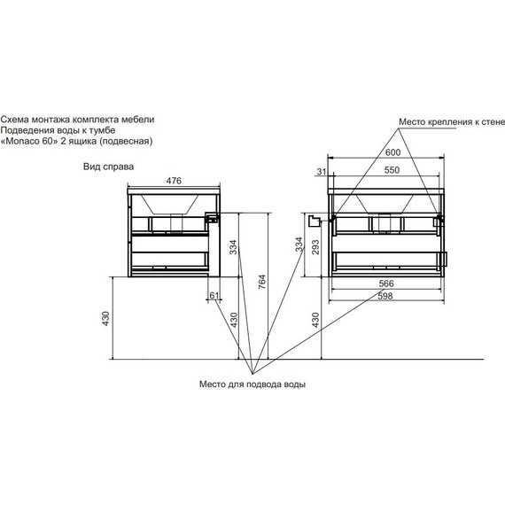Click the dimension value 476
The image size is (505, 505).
coord(174,181)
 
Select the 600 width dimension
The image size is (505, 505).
coord(392,152)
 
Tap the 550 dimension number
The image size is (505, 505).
coord(392,170)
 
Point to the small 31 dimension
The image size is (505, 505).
coord(322,172)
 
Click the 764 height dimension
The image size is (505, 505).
coord(262,282)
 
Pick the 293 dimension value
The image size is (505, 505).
coord(315,247)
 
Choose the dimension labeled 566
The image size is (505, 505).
coord(386,284)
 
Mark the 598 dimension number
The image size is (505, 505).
coord(385,296)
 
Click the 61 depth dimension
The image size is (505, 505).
coord(214,295)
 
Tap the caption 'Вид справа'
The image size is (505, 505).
coord(109,167)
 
